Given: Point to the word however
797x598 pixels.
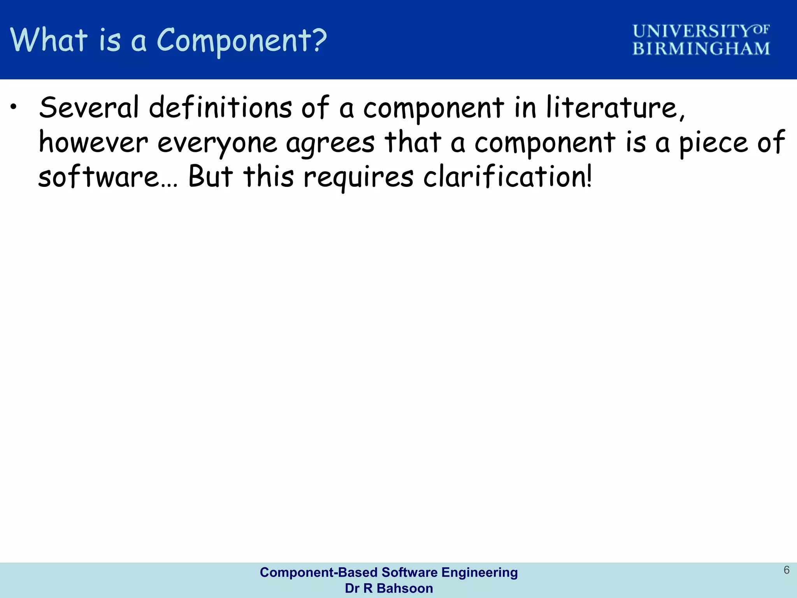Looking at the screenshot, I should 93,142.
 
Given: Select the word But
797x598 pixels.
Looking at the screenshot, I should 211,176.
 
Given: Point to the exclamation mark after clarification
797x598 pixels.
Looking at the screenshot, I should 588,176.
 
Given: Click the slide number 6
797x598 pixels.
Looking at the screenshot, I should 786,570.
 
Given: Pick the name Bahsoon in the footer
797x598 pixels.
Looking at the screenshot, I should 405,588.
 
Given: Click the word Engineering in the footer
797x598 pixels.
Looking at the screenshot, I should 479,572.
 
